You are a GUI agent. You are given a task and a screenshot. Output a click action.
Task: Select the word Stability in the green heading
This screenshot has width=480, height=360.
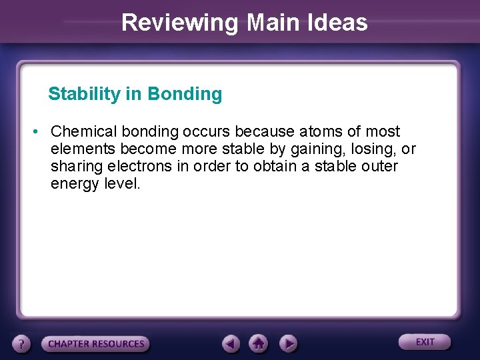(x=84, y=94)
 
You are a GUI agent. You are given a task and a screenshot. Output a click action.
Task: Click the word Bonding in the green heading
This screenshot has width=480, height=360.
(x=185, y=94)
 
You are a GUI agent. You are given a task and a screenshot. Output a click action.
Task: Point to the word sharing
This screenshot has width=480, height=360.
(x=76, y=166)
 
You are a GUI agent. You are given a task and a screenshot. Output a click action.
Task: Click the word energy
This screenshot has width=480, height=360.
(x=75, y=183)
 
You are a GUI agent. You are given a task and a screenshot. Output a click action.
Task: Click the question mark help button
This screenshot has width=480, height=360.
(x=22, y=344)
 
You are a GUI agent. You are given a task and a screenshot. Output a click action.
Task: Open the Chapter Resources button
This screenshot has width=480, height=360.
(x=96, y=344)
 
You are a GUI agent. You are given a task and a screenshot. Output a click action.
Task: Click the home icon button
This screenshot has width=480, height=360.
(x=259, y=344)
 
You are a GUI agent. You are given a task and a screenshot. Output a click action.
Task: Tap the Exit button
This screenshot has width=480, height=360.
(x=425, y=342)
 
